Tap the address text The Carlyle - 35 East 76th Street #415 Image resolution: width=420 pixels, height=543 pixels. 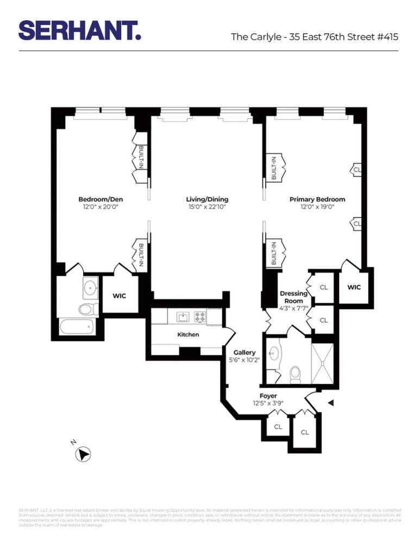coord(315,37)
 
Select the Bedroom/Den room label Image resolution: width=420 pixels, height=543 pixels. coord(101,199)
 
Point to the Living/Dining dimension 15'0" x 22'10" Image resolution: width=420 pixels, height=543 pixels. coord(207,207)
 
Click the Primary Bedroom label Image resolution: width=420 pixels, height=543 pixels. coord(317,199)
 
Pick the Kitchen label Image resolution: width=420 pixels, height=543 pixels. coord(188,334)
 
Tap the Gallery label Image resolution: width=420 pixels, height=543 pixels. coord(245,352)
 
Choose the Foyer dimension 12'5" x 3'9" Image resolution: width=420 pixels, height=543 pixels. coord(268,403)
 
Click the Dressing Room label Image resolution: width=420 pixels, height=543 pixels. coord(293,297)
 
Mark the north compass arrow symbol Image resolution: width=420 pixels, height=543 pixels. coord(84,454)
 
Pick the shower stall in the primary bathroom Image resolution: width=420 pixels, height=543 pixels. coord(324,362)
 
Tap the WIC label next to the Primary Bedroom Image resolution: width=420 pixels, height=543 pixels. coord(354,287)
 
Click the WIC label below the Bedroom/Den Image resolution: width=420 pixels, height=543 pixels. coord(120,296)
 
